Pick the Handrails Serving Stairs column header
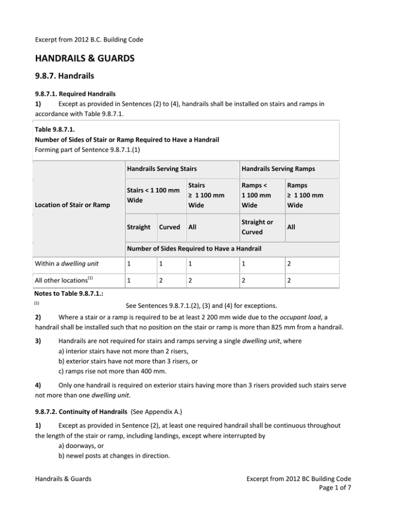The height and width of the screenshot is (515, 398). pos(160,168)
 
